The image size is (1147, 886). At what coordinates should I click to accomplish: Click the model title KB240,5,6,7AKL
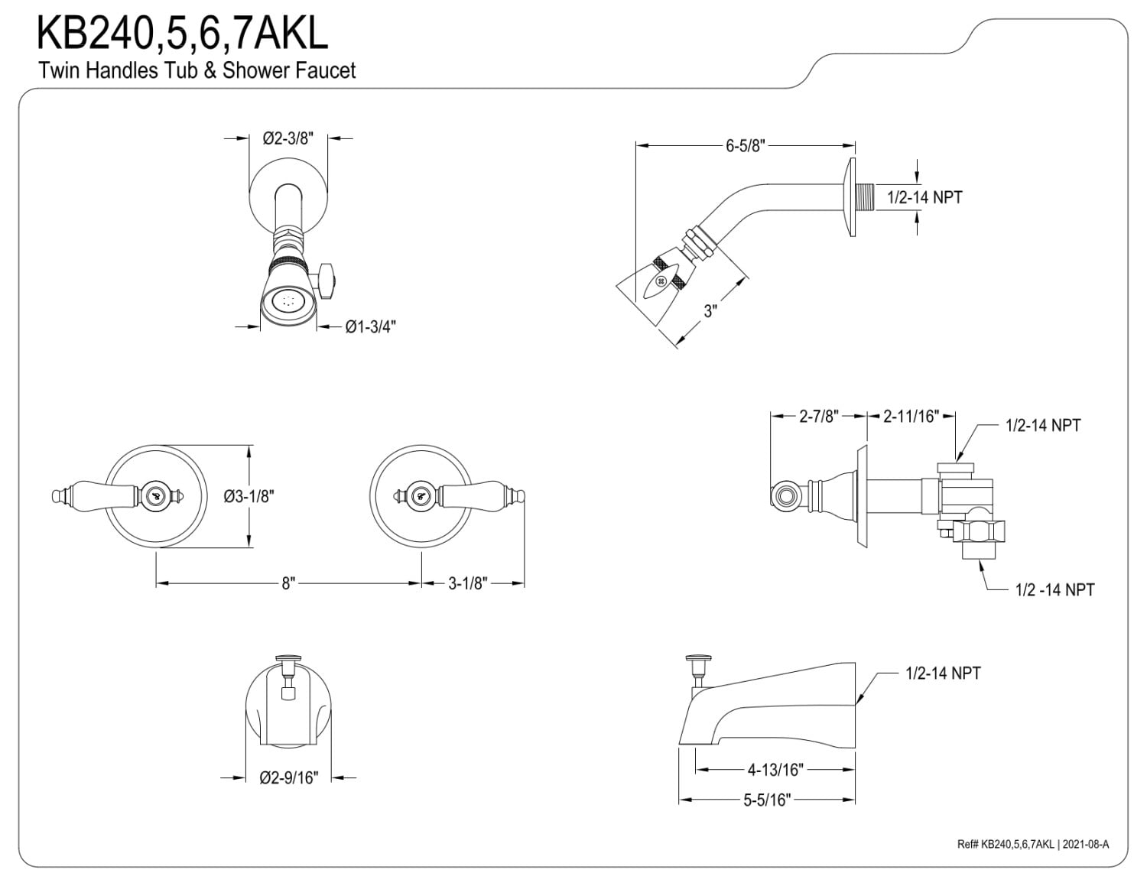182,34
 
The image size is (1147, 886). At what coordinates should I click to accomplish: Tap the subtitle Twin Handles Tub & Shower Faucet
197,70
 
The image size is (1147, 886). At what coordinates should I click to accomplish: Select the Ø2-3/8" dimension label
288,138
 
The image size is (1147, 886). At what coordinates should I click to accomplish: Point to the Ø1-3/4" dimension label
371,326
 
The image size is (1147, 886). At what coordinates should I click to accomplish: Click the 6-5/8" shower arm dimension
746,146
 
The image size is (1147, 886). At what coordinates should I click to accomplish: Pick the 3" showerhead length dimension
710,311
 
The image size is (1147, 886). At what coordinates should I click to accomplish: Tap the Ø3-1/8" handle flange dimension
249,497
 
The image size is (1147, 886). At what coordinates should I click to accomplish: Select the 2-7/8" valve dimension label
819,417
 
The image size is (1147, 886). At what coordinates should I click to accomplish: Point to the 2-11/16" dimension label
911,417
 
